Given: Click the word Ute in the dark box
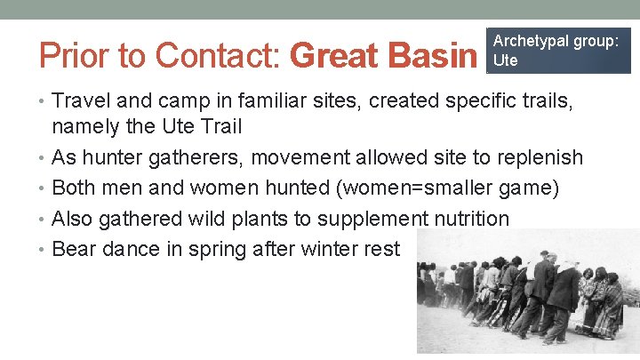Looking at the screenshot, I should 505,60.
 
